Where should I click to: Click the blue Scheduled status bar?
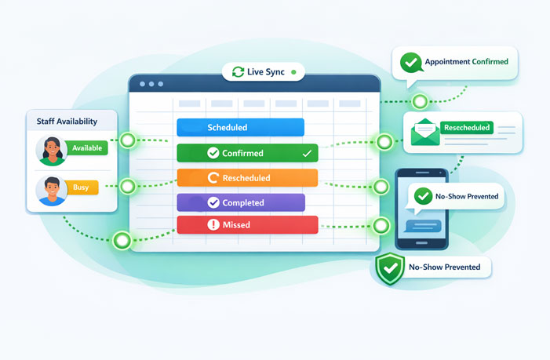point(240,128)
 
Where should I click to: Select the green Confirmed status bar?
point(247,153)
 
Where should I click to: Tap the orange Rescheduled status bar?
point(247,178)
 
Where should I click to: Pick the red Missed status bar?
point(247,225)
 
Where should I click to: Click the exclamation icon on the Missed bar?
point(213,225)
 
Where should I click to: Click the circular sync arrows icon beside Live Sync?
point(239,72)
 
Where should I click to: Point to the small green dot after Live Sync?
point(293,72)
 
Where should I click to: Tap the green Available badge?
point(86,147)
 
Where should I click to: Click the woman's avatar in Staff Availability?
point(51,150)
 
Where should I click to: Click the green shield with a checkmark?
point(390,268)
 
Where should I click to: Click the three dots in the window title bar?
point(151,84)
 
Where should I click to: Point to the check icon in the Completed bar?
point(213,202)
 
